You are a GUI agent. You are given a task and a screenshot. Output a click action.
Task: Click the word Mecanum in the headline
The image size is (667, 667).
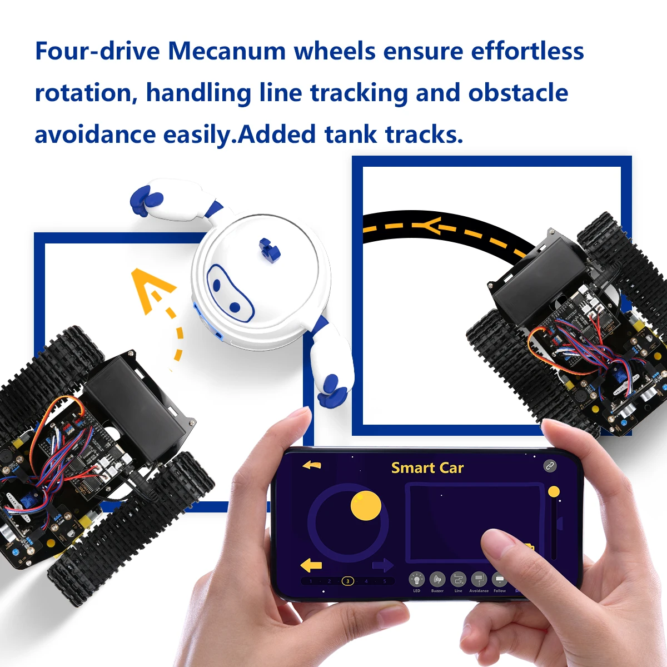(227, 51)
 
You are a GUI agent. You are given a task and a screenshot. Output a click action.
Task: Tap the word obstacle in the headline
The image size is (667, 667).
(518, 93)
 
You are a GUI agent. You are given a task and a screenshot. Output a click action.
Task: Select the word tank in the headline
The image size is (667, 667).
(351, 135)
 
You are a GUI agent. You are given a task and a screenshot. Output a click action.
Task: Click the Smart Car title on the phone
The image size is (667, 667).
(427, 468)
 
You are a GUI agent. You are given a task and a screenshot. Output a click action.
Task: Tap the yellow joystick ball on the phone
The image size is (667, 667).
(366, 506)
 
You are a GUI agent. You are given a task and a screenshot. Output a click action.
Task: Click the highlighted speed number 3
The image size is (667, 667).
(347, 581)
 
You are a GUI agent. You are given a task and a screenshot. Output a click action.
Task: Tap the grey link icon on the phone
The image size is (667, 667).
(550, 466)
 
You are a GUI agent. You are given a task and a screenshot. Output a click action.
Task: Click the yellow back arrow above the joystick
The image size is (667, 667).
(312, 465)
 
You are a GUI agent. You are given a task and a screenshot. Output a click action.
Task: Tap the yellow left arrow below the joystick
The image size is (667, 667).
(311, 565)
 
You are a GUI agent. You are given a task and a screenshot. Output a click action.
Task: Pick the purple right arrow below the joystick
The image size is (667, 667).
(382, 566)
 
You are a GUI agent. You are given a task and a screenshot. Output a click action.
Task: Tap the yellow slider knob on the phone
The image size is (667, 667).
(554, 491)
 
